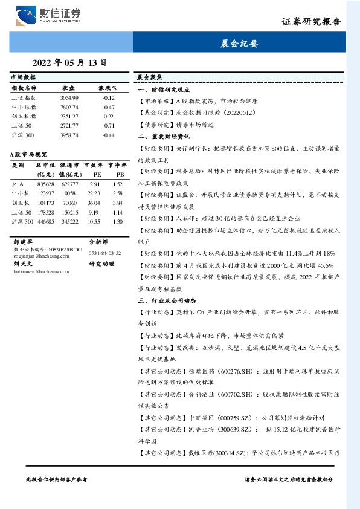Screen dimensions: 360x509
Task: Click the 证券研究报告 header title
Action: [x=311, y=22]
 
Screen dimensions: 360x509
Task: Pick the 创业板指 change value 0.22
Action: [x=108, y=116]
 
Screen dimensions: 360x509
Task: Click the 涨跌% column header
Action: [x=108, y=88]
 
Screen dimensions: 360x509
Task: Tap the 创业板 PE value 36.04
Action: [x=94, y=203]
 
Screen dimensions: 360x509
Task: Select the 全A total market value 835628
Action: [x=45, y=184]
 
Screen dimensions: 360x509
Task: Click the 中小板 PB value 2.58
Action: [x=117, y=193]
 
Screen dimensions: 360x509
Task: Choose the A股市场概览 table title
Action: [x=29, y=155]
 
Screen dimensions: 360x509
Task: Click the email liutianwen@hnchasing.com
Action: [x=40, y=273]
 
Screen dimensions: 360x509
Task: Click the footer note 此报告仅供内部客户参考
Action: [x=57, y=479]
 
